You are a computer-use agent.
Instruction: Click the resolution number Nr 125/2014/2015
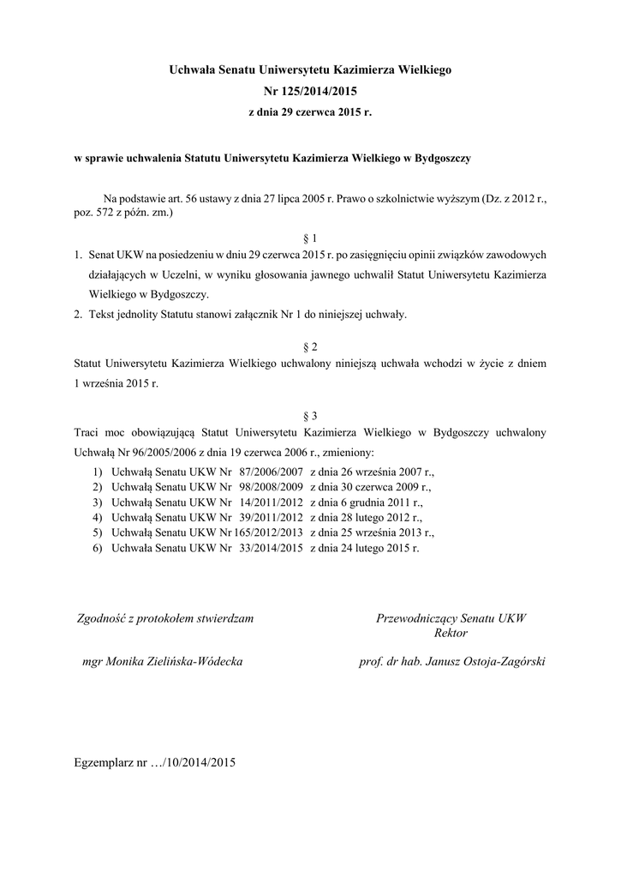(310, 89)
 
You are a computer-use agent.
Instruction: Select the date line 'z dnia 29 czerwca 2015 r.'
(310, 111)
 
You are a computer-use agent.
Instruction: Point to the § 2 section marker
(310, 346)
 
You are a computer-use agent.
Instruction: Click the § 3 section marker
(310, 415)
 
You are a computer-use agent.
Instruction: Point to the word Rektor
(451, 633)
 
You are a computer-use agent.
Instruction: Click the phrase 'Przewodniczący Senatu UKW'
(451, 617)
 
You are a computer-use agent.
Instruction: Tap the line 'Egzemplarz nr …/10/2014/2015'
(155, 761)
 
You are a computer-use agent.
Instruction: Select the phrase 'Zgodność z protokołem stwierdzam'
(164, 617)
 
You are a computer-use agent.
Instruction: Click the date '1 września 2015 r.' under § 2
(116, 384)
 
